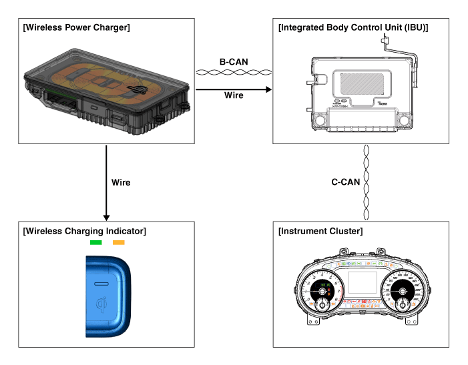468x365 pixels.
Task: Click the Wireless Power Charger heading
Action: [76, 27]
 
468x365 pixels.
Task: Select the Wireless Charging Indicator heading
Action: [84, 231]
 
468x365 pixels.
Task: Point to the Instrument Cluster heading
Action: [320, 231]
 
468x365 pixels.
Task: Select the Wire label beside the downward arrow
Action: [121, 182]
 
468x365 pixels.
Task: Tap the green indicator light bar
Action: [95, 242]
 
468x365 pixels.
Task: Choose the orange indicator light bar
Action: [119, 242]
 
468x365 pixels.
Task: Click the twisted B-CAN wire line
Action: [234, 71]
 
